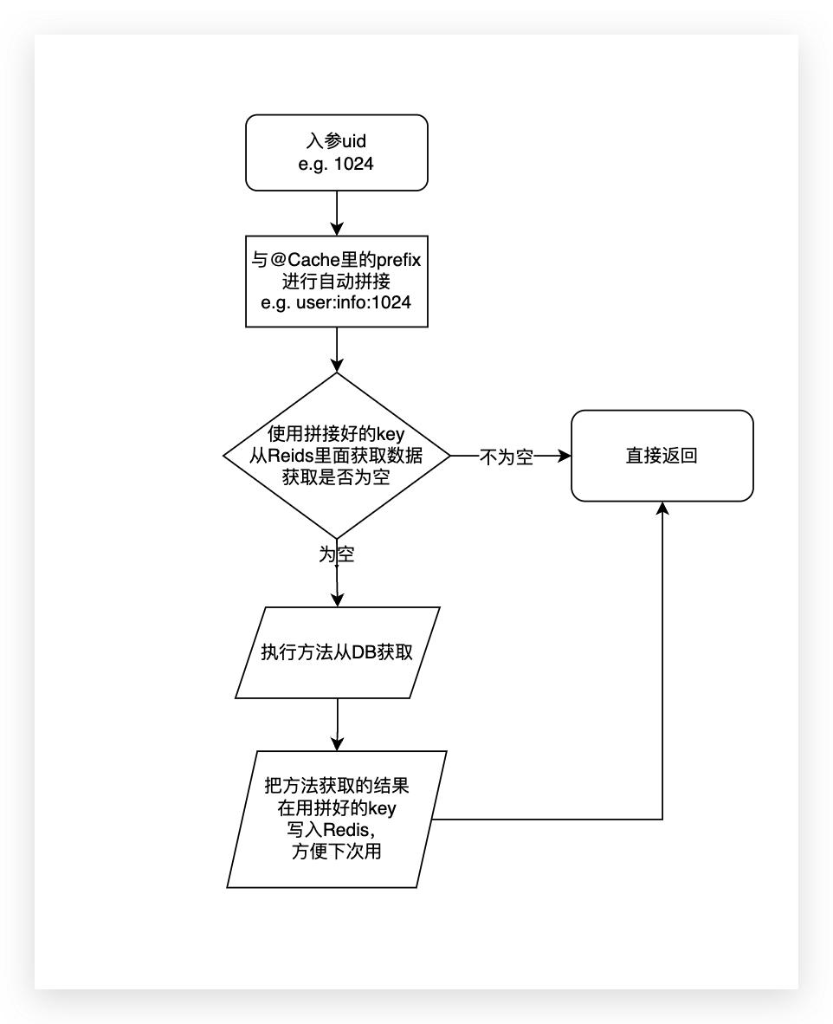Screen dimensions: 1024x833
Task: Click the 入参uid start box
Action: pyautogui.click(x=336, y=152)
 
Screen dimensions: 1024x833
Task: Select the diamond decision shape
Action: pyautogui.click(x=336, y=455)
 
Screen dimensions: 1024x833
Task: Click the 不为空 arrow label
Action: pyautogui.click(x=507, y=457)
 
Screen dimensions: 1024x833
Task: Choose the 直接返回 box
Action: pyautogui.click(x=662, y=456)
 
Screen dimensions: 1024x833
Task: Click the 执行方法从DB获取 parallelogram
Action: pyautogui.click(x=338, y=652)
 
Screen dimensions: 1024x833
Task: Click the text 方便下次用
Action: pyautogui.click(x=338, y=852)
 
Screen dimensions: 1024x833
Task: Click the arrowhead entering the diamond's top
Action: pyautogui.click(x=336, y=363)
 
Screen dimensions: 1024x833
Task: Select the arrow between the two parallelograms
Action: pyautogui.click(x=338, y=723)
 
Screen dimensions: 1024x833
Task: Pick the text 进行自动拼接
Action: pyautogui.click(x=336, y=282)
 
